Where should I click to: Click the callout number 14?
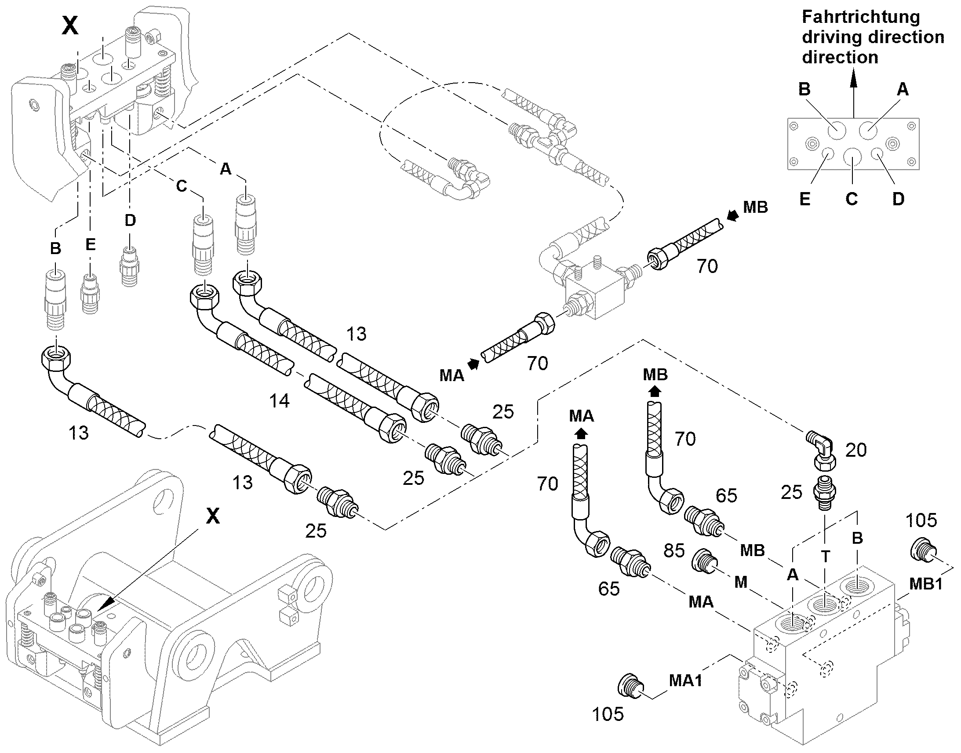[x=280, y=401]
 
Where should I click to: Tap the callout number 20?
[x=856, y=450]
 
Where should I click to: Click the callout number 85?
[x=674, y=551]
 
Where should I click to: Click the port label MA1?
[x=685, y=680]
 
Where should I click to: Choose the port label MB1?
[x=925, y=584]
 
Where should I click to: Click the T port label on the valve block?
[x=826, y=557]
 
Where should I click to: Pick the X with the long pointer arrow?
[x=213, y=515]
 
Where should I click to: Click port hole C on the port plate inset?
[x=853, y=157]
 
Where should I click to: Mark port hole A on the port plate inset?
[x=868, y=130]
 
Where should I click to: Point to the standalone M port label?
[x=741, y=582]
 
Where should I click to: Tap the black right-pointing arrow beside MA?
[x=473, y=364]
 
